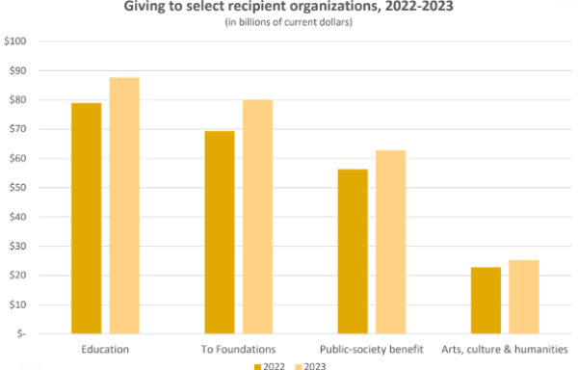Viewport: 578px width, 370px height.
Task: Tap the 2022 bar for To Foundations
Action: point(219,232)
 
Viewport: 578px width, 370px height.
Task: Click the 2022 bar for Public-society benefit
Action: point(353,251)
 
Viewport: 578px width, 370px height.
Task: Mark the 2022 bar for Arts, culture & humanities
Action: point(486,300)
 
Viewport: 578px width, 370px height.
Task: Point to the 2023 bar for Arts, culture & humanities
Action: point(523,297)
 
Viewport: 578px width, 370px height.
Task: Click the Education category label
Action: point(105,348)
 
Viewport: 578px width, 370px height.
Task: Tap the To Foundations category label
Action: point(238,348)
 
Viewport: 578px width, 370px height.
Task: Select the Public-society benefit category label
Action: point(371,348)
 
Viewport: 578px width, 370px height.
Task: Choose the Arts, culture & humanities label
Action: point(504,348)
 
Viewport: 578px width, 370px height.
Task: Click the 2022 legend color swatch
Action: point(257,366)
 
